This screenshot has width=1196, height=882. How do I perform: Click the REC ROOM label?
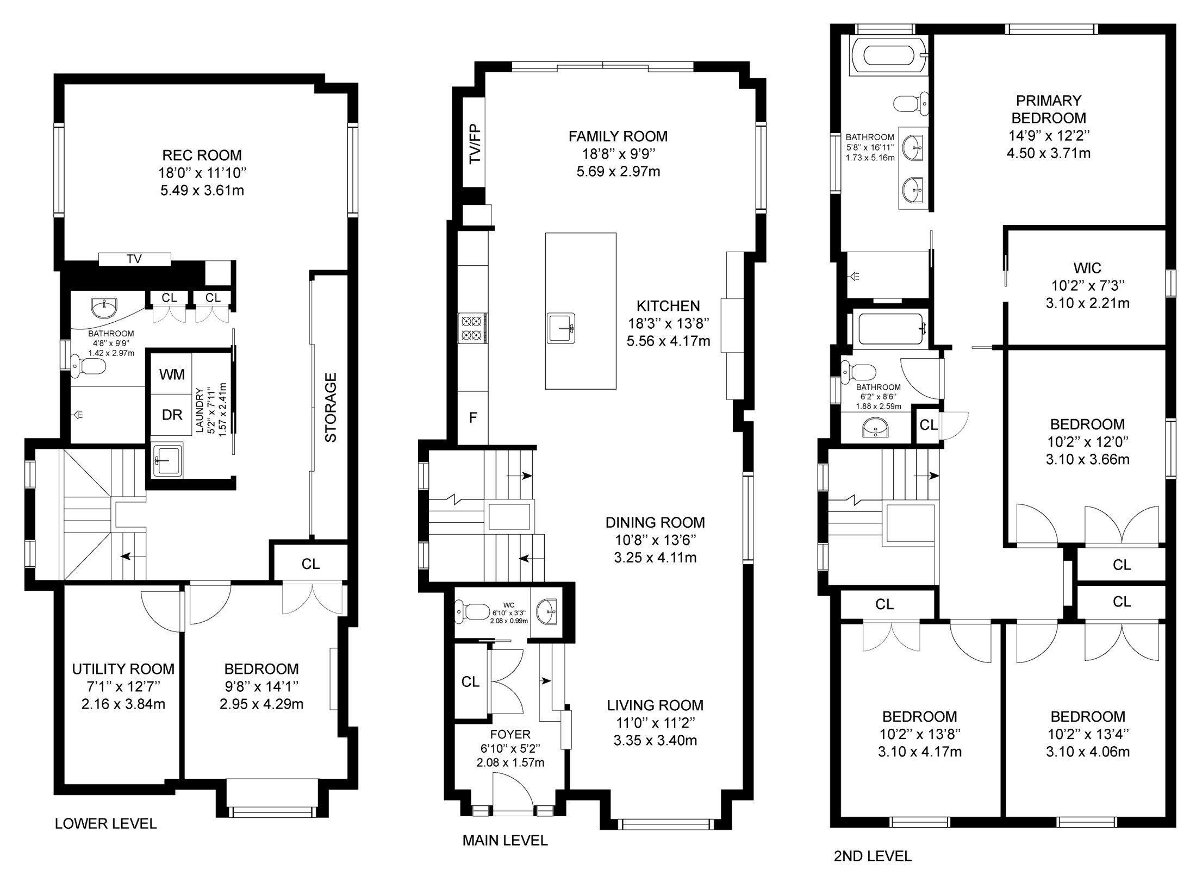(x=202, y=155)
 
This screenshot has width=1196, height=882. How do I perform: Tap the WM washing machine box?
(x=172, y=374)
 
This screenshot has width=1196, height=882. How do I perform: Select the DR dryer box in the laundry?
(x=172, y=415)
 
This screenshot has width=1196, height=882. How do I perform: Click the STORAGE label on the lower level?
(x=331, y=407)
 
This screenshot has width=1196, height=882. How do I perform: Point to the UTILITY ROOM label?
(x=123, y=669)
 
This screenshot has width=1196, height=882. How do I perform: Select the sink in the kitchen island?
(x=561, y=328)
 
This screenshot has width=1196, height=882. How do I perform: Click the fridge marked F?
(x=473, y=417)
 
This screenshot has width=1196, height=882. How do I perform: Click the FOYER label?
(x=510, y=735)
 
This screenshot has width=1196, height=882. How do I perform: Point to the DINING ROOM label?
(x=655, y=523)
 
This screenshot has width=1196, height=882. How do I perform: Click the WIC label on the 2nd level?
(x=1087, y=268)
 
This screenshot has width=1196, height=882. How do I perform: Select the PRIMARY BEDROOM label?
(x=1048, y=109)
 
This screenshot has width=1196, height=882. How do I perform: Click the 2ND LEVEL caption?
(x=873, y=856)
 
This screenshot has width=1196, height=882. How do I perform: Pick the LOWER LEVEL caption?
(x=106, y=824)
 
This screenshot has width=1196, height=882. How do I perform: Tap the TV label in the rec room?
(x=134, y=259)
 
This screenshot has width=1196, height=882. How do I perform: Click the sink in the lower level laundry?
(x=167, y=460)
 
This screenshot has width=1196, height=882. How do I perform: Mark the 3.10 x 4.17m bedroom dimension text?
(x=919, y=752)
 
